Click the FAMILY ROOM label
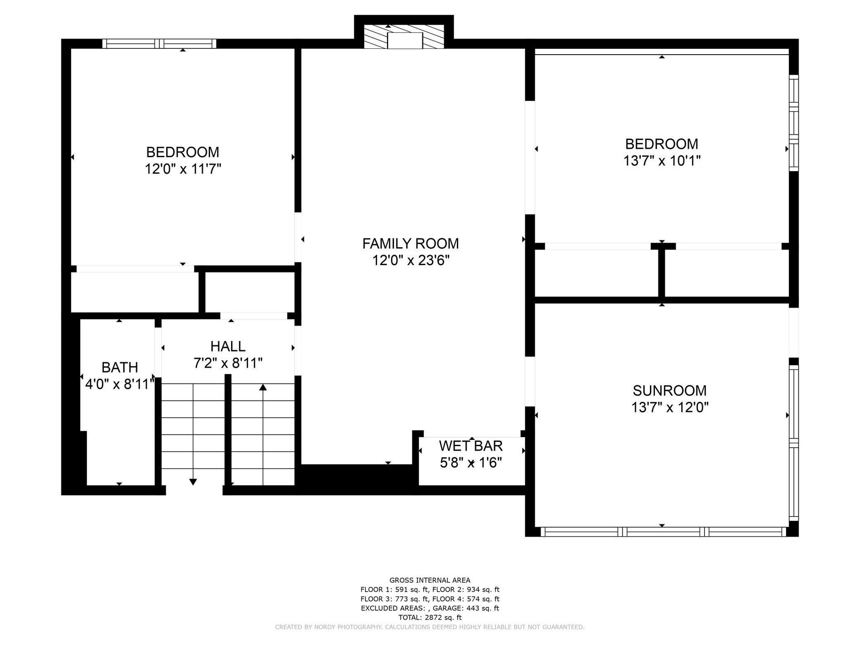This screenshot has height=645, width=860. [410, 244]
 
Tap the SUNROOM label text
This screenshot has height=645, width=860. [670, 391]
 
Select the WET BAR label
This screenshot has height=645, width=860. [471, 446]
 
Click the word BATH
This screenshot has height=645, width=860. [120, 367]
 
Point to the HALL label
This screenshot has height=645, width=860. [228, 346]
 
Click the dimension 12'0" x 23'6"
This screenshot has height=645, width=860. [411, 260]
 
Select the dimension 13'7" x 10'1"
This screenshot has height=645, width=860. [662, 160]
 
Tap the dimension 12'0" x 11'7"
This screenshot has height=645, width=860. [183, 169]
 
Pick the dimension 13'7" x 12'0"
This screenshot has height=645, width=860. [670, 408]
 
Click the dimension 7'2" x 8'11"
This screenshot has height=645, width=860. [228, 363]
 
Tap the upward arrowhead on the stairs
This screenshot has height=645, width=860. [263, 387]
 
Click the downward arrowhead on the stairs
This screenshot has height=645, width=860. [193, 482]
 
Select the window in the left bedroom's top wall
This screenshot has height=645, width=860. [159, 43]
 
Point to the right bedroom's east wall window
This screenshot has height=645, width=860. [793, 123]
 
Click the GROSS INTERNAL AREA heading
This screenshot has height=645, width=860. [430, 580]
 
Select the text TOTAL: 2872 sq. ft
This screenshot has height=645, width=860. [430, 617]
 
